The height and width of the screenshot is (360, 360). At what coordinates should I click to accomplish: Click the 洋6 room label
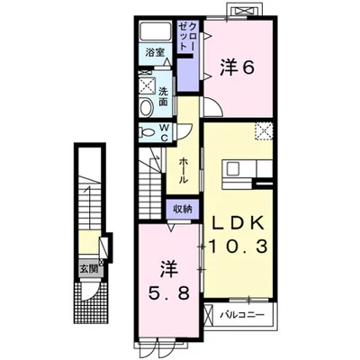click(237, 67)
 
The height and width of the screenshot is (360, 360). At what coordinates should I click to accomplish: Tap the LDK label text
click(238, 223)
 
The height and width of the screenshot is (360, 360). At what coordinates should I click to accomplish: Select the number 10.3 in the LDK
click(238, 247)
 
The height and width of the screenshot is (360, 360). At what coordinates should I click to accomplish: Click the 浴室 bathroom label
click(155, 52)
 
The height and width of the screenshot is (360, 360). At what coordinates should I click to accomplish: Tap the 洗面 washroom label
click(163, 96)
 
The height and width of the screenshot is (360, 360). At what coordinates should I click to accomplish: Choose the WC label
click(164, 132)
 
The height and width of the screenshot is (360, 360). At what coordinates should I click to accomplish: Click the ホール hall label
click(184, 171)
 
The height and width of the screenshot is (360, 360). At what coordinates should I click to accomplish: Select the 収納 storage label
click(183, 209)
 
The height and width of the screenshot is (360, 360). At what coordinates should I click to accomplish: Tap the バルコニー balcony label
click(242, 315)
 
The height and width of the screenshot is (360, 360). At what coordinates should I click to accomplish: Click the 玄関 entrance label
click(88, 269)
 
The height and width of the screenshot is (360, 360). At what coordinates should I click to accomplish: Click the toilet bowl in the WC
click(147, 132)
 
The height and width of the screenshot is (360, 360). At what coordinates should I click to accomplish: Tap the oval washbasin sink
click(147, 107)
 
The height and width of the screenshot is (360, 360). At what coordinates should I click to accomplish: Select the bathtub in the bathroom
click(156, 31)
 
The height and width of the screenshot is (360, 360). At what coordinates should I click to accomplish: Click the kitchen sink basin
click(232, 168)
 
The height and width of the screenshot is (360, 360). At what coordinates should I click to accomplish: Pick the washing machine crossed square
click(148, 87)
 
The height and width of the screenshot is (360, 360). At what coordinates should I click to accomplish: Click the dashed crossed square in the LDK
click(264, 130)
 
